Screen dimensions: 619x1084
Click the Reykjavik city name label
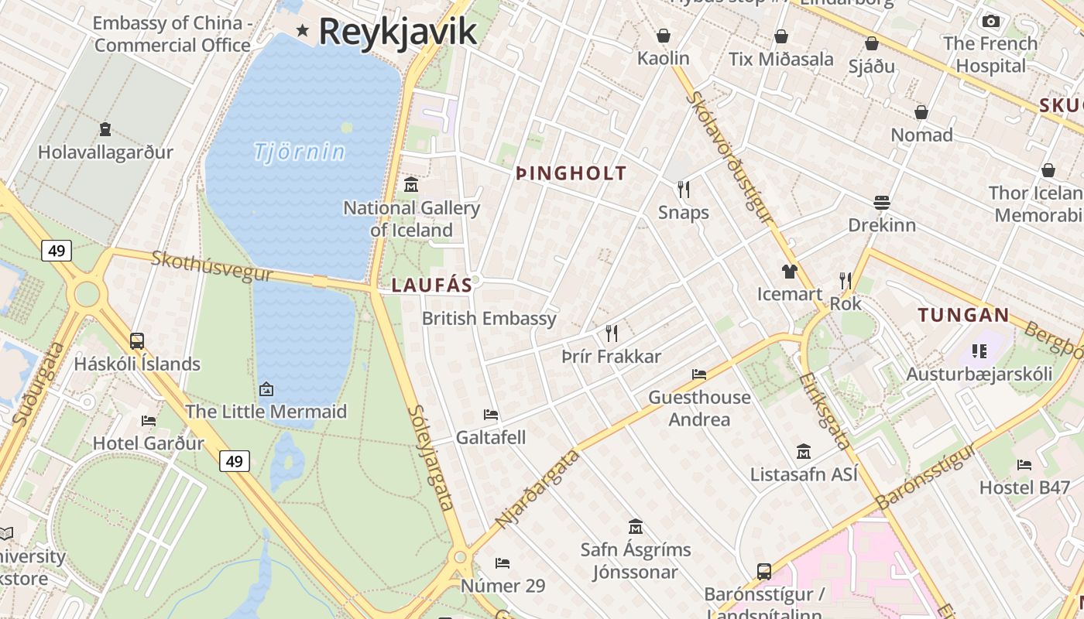point(397,32)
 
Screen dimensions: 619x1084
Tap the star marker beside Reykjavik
point(303,31)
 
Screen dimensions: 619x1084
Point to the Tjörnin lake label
point(299,152)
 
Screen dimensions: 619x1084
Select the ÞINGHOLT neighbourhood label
point(571,173)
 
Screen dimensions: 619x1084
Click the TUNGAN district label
point(963,315)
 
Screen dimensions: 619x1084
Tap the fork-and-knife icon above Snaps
point(683,190)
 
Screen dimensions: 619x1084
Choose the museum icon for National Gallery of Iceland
point(411,185)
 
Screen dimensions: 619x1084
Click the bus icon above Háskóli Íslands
point(137,340)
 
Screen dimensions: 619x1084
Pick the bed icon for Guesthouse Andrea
point(699,374)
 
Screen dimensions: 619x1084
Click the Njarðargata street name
point(537,488)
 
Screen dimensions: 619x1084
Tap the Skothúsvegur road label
point(211,266)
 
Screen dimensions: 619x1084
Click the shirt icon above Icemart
point(789,271)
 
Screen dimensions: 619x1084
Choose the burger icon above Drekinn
point(881,203)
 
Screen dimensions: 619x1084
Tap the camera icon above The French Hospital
point(990,21)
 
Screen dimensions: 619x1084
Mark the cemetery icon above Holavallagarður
point(105,128)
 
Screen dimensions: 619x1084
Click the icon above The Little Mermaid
point(266,388)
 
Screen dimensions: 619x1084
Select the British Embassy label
point(489,318)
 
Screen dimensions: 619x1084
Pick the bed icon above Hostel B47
point(1024,464)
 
